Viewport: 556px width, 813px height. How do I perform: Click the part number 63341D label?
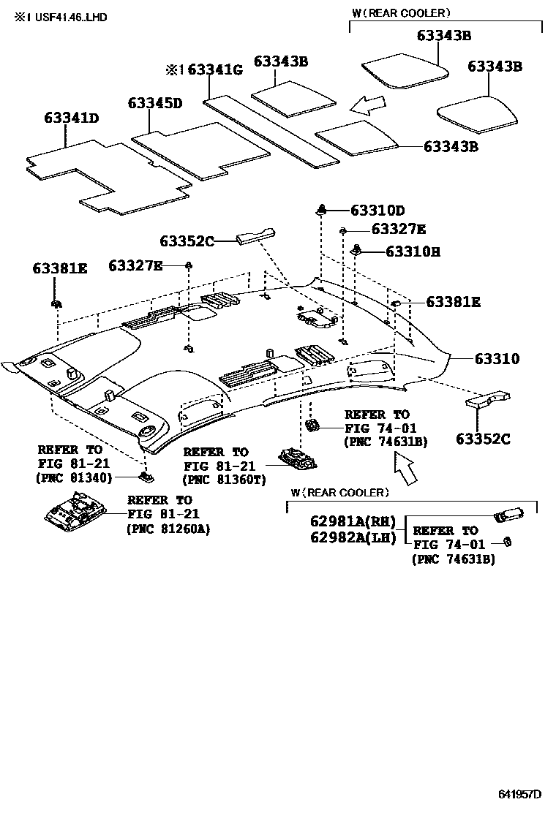click(x=71, y=118)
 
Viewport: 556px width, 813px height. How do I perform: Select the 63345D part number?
click(x=154, y=103)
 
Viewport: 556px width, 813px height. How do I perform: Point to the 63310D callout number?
click(x=377, y=211)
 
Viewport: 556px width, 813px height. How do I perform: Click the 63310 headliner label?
click(x=497, y=359)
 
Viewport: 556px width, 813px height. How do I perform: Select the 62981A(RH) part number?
click(x=353, y=521)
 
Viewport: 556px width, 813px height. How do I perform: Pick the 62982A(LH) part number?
click(x=353, y=537)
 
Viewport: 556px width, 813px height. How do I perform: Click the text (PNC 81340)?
click(x=74, y=478)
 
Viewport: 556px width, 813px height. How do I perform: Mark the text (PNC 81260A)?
click(x=168, y=529)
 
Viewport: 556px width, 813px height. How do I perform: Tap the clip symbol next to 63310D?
click(x=321, y=210)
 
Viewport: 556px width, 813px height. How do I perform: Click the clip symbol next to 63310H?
click(x=358, y=249)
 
